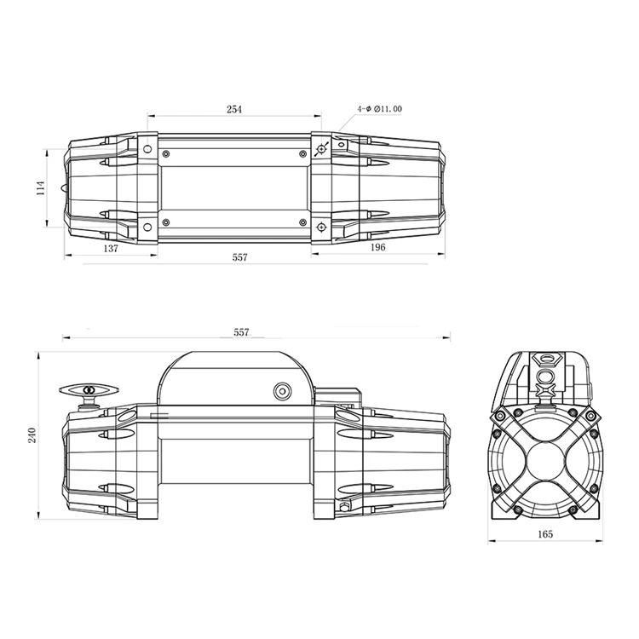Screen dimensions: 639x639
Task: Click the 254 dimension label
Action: tap(233, 110)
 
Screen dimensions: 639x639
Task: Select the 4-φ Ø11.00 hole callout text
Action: tap(380, 110)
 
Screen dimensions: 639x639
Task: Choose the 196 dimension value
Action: tap(378, 247)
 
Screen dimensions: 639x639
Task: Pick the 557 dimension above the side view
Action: tap(241, 332)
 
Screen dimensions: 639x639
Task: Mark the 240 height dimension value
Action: tap(32, 435)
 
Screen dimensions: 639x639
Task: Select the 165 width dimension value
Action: tap(545, 534)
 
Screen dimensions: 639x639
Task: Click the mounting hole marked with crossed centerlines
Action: tap(321, 150)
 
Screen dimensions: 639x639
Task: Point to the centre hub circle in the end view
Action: tap(545, 459)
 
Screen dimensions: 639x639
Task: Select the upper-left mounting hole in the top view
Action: tap(147, 150)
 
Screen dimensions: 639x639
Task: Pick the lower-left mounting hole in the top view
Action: tap(147, 226)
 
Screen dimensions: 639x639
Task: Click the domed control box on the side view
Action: tap(234, 379)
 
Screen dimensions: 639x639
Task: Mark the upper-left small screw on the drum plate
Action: tap(166, 154)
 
